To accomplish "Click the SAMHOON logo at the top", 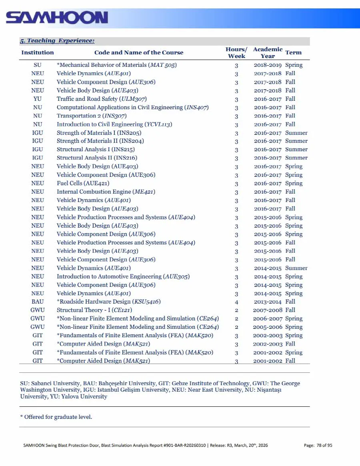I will click(57, 18).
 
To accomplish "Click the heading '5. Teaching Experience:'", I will click(57, 41).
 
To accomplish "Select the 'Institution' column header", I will click(38, 52).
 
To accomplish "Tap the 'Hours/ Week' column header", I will click(236, 52).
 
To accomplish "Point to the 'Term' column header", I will click(293, 52).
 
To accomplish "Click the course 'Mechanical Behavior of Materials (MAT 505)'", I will click(117, 65).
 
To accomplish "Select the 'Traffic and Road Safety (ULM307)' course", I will click(102, 99).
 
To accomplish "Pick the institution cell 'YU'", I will click(38, 99).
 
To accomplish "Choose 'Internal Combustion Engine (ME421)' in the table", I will click(106, 192).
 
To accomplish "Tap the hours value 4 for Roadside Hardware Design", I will click(236, 302).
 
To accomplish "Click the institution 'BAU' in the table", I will click(38, 302).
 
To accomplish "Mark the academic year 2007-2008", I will click(268, 310).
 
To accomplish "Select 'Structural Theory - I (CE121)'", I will click(94, 310).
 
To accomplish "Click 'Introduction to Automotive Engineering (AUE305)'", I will click(123, 276).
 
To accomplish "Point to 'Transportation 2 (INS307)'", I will click(92, 116).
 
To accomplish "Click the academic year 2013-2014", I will click(268, 302).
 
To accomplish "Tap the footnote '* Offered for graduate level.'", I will click(56, 417).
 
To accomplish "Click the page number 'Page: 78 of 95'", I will click(318, 445).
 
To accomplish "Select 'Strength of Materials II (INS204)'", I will click(100, 141).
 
